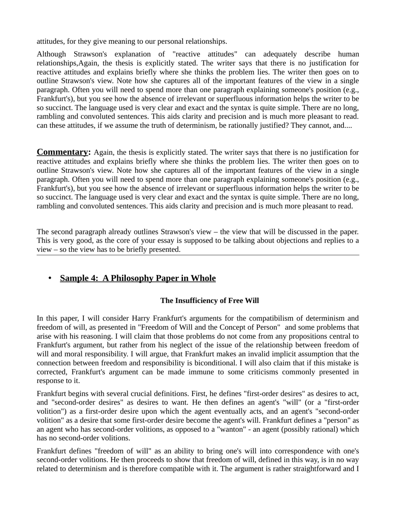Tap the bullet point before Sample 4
pyautogui.click(x=50, y=278)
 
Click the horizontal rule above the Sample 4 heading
pyautogui.click(x=198, y=255)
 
